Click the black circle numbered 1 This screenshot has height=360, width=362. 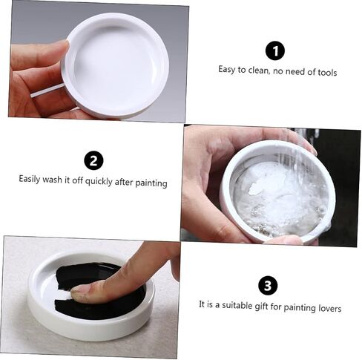[x=275, y=50]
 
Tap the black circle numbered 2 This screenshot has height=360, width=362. [x=93, y=160]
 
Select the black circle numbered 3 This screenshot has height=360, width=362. [x=268, y=286]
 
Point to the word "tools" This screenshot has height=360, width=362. [x=327, y=73]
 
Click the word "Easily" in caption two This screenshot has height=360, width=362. [x=30, y=179]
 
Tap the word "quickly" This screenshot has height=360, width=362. [x=99, y=181]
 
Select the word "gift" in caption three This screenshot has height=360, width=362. [x=261, y=306]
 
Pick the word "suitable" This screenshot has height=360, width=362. [x=237, y=305]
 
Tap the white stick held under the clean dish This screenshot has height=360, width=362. [x=47, y=91]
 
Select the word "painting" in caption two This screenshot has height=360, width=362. [x=151, y=183]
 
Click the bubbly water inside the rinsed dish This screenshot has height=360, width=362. [x=280, y=198]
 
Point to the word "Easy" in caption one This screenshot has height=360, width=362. [x=227, y=69]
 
